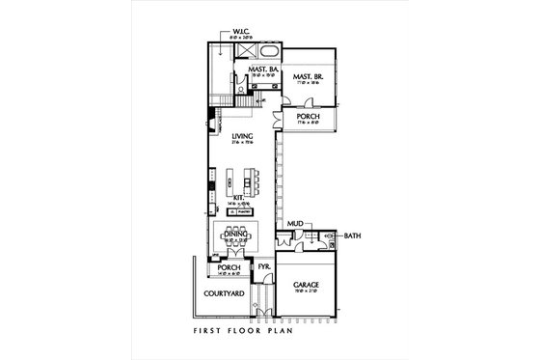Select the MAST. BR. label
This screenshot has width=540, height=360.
click(x=308, y=74)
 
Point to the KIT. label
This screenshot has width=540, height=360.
click(x=238, y=196)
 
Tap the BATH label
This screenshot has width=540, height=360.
click(x=352, y=235)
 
